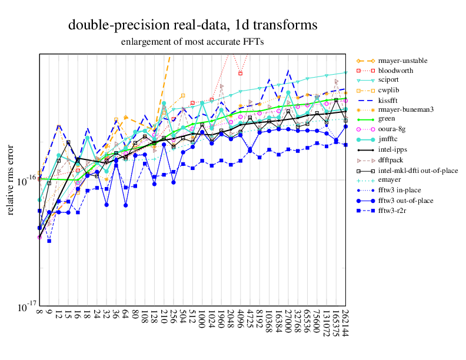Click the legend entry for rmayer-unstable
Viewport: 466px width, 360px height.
coord(402,61)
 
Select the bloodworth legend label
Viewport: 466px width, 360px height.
coord(395,71)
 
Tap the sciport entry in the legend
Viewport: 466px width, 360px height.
coord(391,80)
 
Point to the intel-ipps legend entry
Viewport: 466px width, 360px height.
coord(394,149)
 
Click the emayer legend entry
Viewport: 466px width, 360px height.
coord(390,181)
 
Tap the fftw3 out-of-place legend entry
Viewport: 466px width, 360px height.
coord(405,200)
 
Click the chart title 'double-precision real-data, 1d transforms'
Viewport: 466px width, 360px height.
coord(193,25)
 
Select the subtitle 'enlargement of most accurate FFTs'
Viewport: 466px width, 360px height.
coord(192,42)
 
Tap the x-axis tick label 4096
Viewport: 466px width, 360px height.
coord(240,321)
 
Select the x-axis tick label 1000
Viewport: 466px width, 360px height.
coord(202,321)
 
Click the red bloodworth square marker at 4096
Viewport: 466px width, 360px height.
coord(240,74)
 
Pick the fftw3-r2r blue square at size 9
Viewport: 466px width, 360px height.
coord(49,241)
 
